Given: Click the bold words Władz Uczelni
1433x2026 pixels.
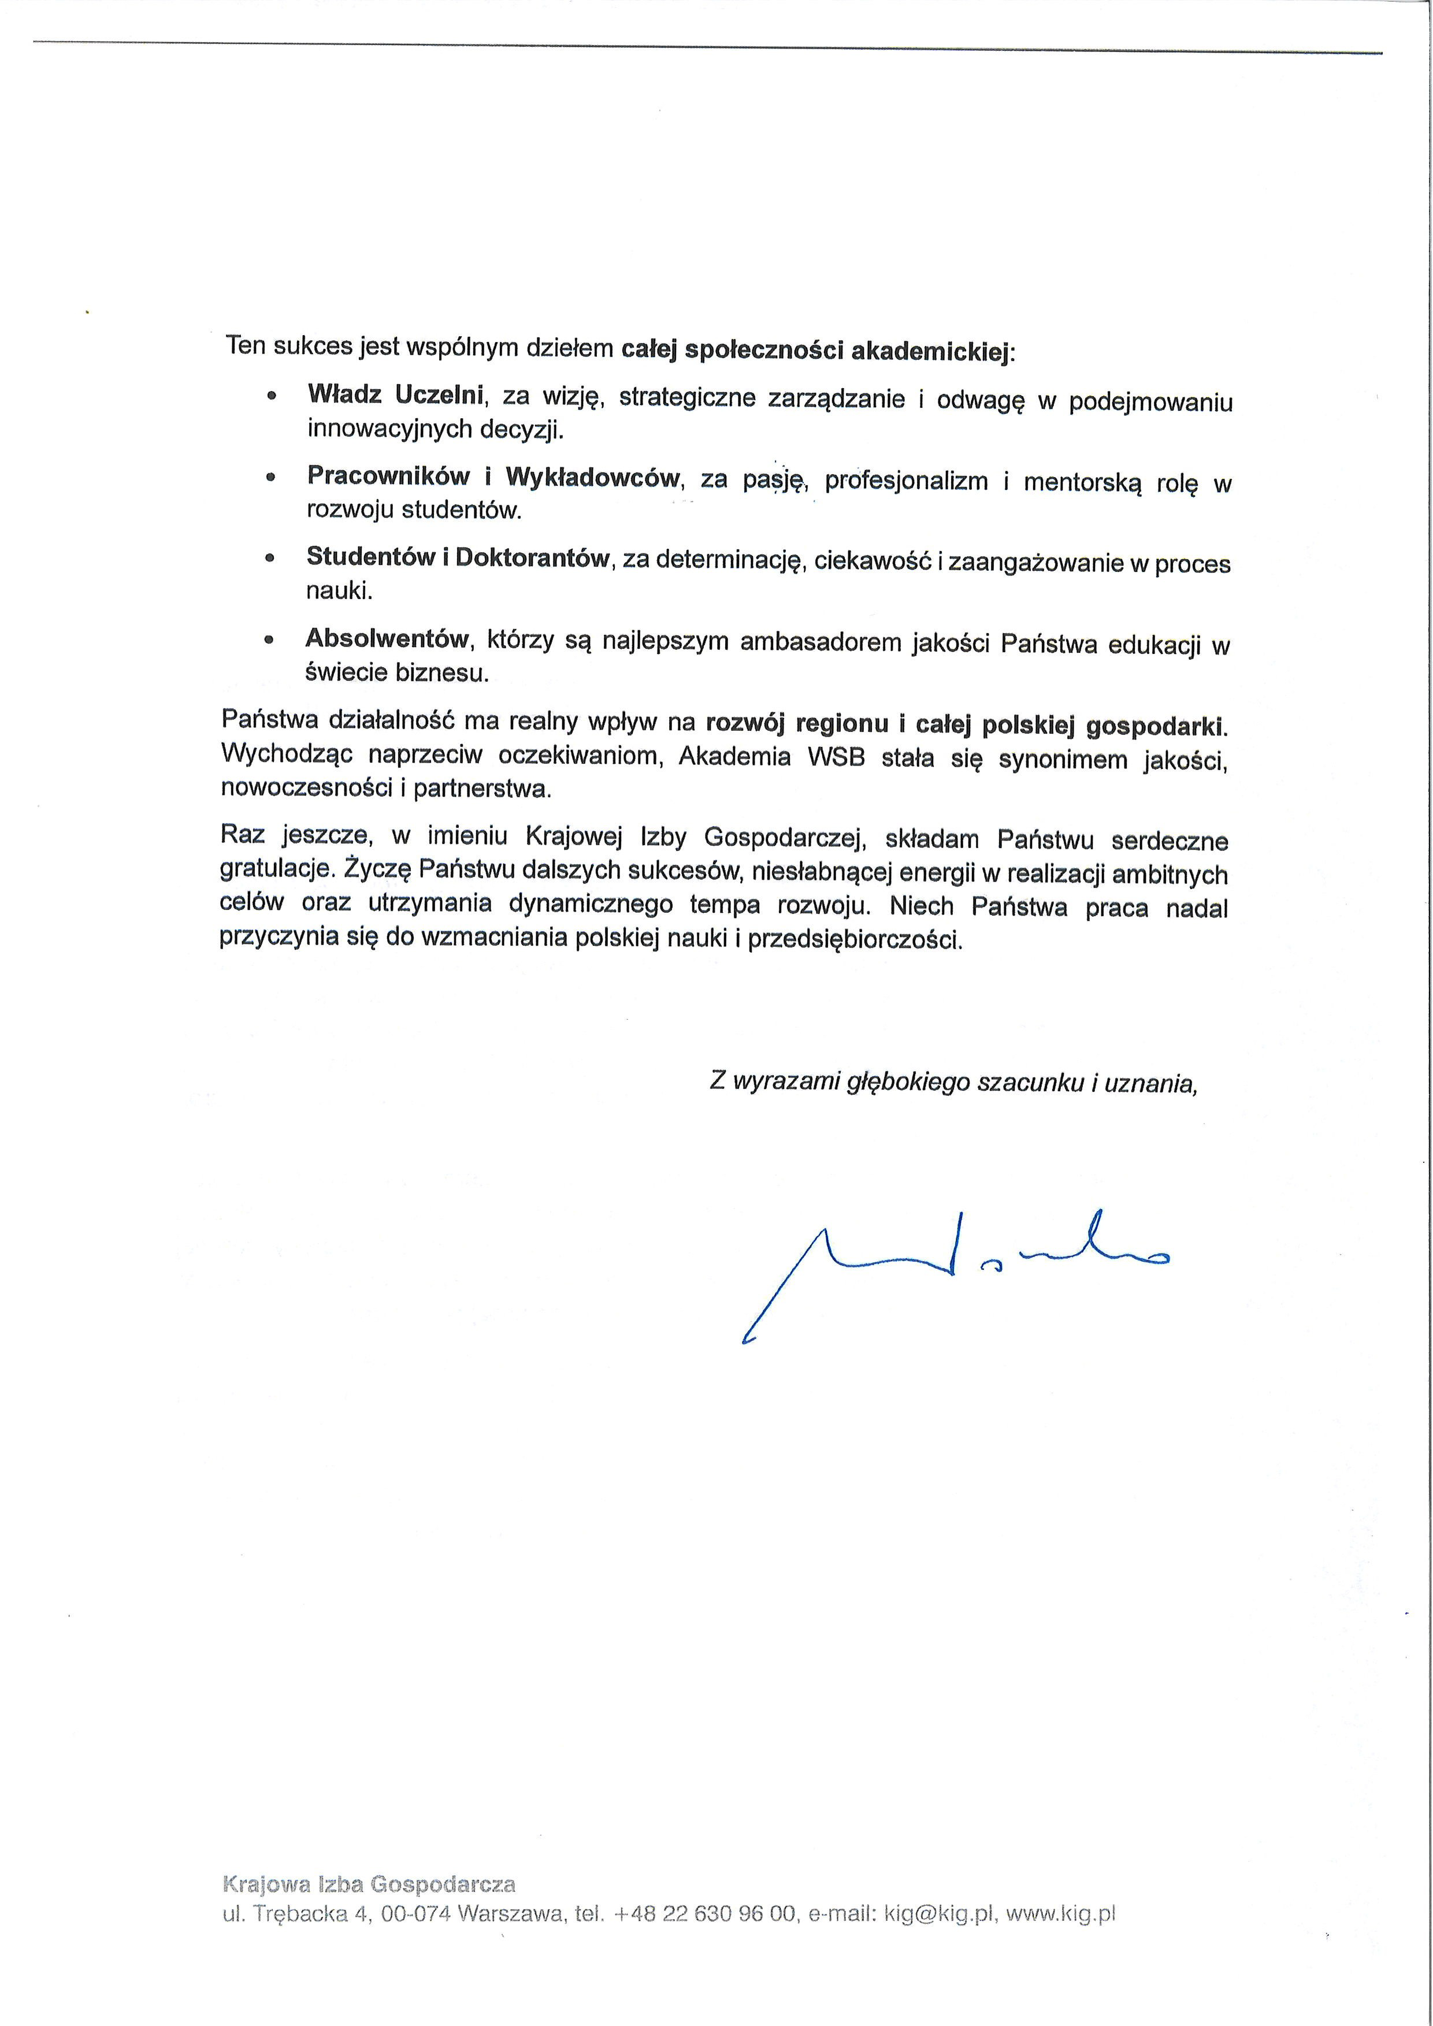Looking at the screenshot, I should [395, 395].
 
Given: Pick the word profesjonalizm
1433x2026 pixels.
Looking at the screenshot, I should [906, 482].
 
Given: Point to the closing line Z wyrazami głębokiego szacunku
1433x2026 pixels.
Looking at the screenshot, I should [953, 1083].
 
